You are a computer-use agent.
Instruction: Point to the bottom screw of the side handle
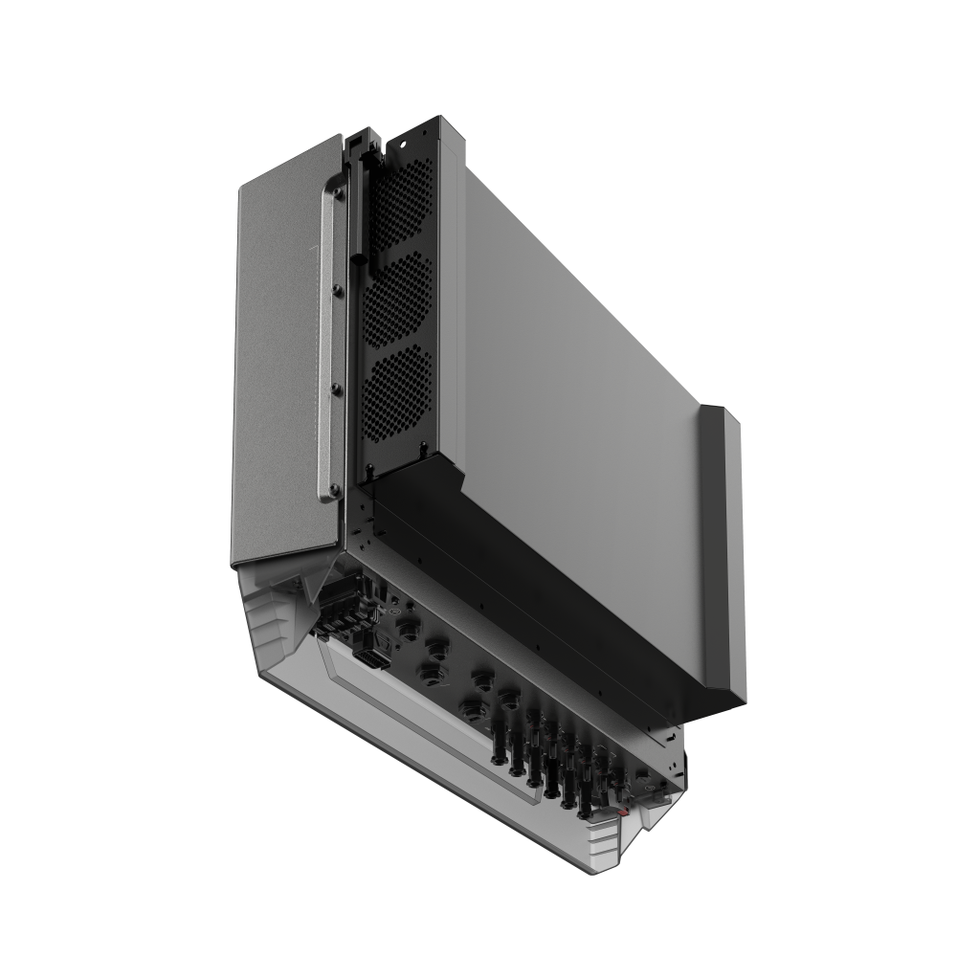pyautogui.click(x=333, y=489)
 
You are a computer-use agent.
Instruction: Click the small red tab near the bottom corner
pyautogui.click(x=623, y=812)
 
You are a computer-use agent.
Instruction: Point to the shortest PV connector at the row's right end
pyautogui.click(x=620, y=783)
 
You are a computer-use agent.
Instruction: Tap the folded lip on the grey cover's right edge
pyautogui.click(x=723, y=545)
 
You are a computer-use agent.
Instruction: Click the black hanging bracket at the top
pyautogui.click(x=364, y=144)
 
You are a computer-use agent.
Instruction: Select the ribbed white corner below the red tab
pyautogui.click(x=612, y=842)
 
